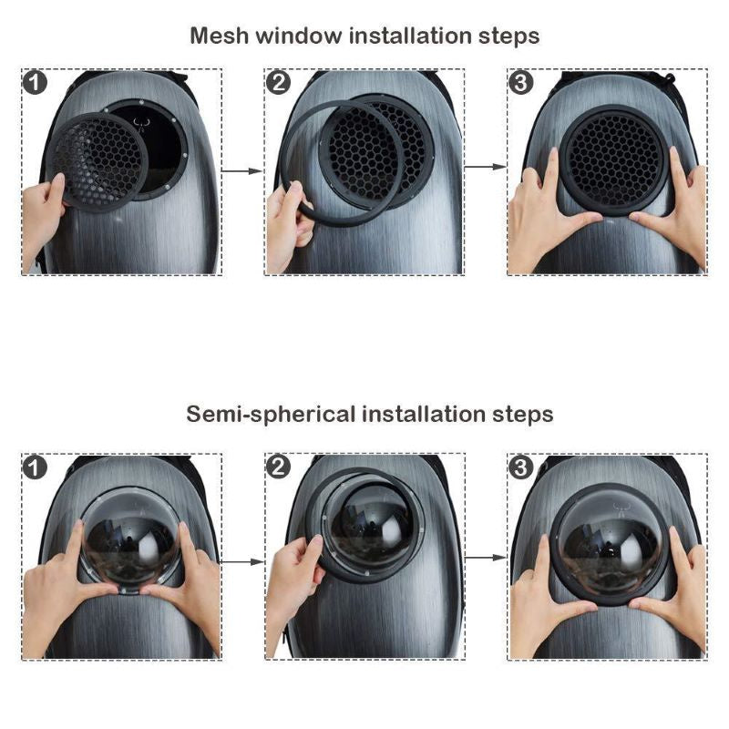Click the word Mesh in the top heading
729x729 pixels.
[219, 36]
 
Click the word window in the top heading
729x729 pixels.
[299, 36]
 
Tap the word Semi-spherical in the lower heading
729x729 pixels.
[271, 415]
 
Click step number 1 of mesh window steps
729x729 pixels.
[35, 83]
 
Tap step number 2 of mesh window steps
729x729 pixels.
[278, 83]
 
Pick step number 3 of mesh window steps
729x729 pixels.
[521, 83]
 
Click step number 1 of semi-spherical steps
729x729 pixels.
[35, 467]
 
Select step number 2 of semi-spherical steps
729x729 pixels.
[278, 467]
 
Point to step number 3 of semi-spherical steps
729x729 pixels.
[521, 467]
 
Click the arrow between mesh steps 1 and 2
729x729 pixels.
[242, 171]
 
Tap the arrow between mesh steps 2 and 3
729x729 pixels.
[486, 167]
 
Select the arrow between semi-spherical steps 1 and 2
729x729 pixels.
[242, 561]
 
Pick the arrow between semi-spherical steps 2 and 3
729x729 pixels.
[486, 557]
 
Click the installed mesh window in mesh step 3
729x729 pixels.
[613, 160]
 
